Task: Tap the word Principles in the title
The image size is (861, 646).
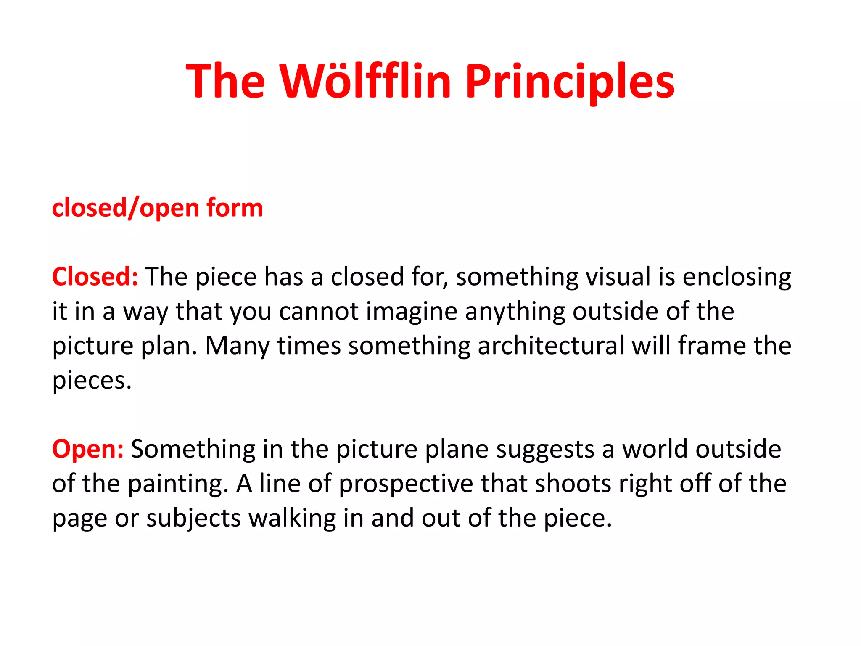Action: [570, 81]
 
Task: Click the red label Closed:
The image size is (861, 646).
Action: [95, 277]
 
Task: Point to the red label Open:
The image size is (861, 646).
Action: [88, 449]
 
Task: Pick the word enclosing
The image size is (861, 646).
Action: [737, 278]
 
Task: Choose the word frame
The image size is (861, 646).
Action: [712, 346]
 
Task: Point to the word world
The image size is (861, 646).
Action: [655, 449]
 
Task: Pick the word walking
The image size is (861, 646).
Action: [292, 518]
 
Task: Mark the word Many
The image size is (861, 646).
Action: [237, 347]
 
